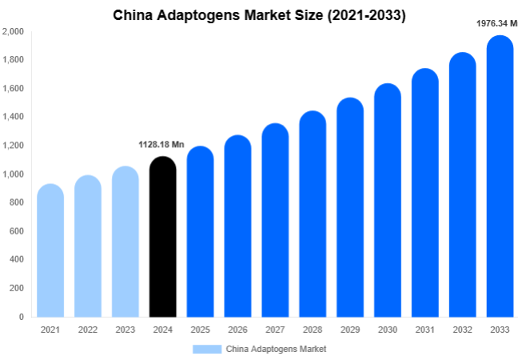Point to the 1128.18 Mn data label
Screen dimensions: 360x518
coord(161,145)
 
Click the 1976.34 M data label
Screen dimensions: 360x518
coord(496,23)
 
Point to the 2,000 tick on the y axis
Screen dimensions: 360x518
coord(13,31)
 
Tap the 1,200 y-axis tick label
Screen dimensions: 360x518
coord(13,146)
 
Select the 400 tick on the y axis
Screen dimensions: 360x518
coord(16,260)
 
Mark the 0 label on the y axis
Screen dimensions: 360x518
coord(21,317)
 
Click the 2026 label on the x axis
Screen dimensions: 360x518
coord(237,330)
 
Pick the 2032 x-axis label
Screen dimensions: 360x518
coord(462,330)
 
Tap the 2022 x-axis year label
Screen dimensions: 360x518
coord(88,330)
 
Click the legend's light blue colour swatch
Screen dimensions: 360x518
coord(206,349)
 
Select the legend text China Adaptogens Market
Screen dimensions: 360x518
coord(276,349)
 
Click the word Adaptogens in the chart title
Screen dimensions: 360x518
coord(202,15)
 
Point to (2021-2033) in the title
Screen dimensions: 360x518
coord(365,15)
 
